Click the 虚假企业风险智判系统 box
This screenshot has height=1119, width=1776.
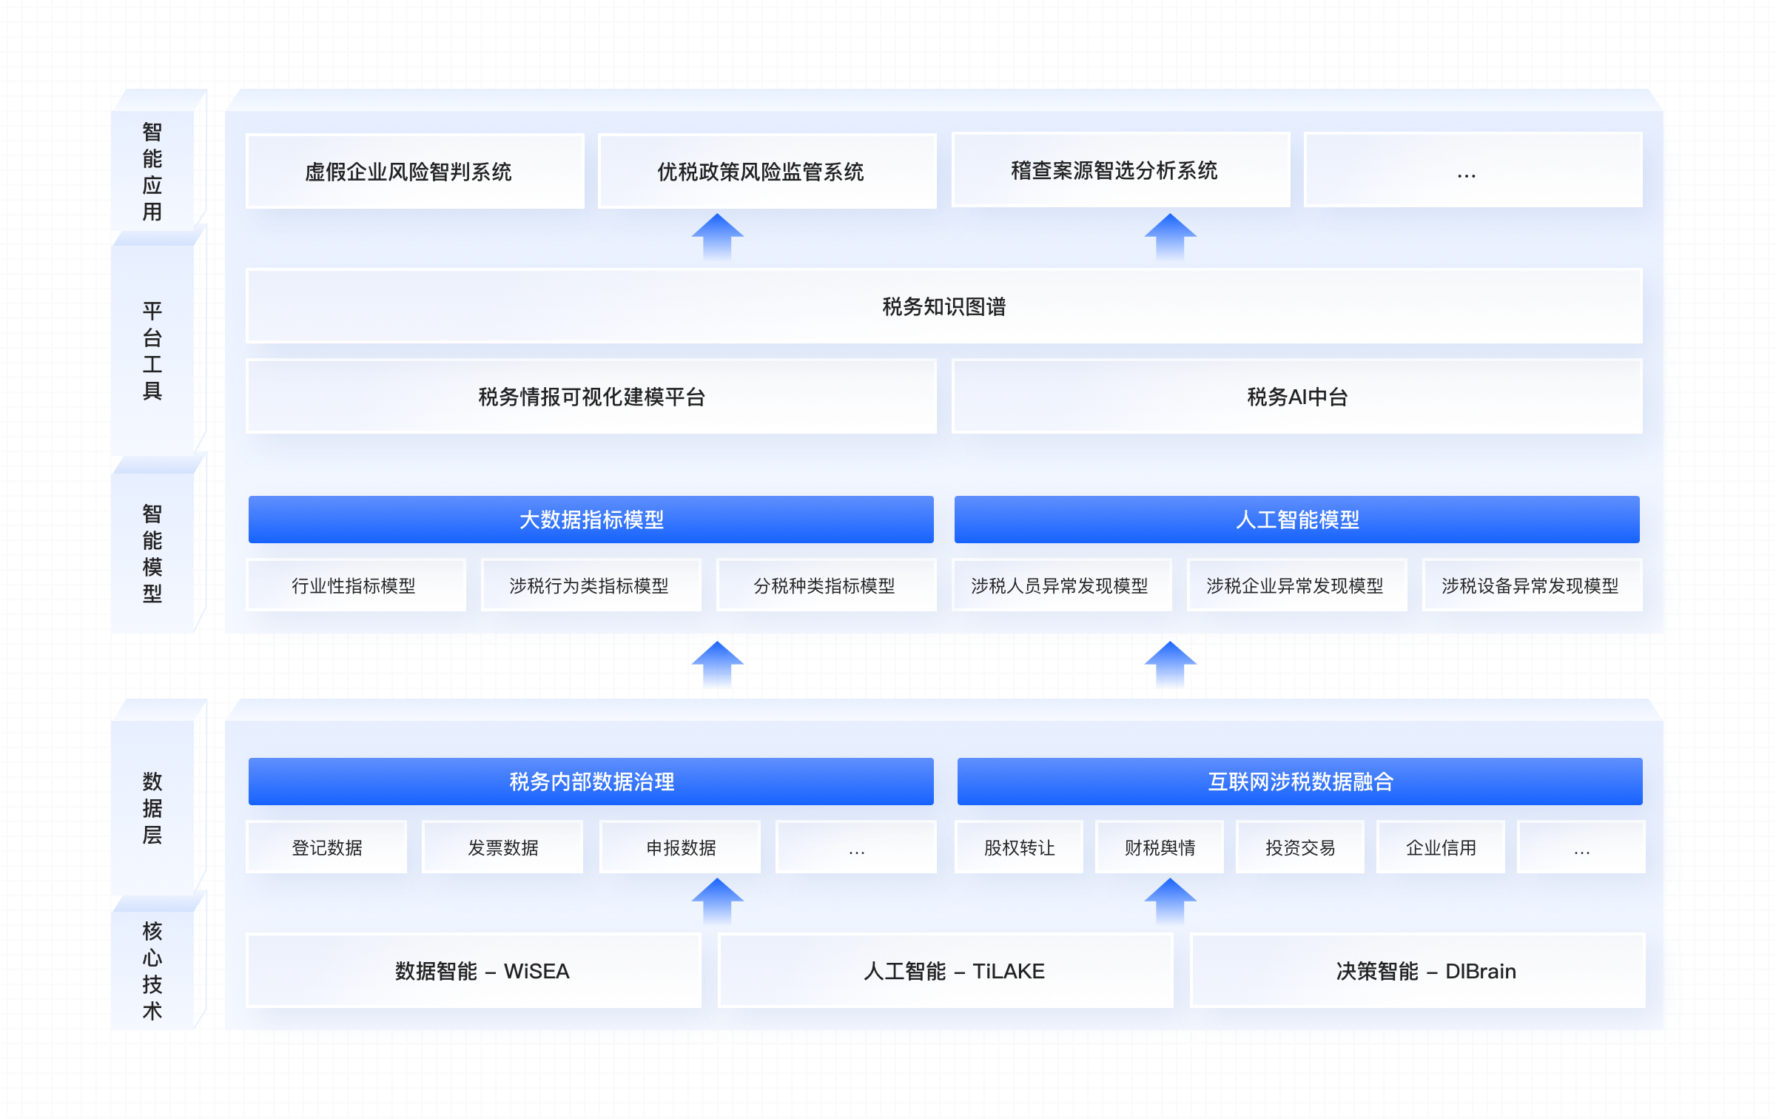pos(415,171)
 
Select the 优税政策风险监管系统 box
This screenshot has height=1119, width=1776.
pos(767,171)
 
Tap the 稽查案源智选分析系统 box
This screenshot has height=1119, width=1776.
pos(1121,169)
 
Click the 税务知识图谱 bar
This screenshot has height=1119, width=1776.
pos(944,306)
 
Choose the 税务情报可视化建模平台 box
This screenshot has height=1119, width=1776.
pos(591,396)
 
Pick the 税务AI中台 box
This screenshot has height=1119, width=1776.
pos(1297,396)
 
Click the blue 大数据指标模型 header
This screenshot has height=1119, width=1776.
pos(591,520)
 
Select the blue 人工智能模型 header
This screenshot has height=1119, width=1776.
pos(1297,520)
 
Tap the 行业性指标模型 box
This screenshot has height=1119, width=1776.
pos(356,585)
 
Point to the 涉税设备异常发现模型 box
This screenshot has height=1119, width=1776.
pos(1533,585)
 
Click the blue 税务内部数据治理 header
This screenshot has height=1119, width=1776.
pos(591,782)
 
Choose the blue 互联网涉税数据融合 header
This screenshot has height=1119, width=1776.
pos(1300,782)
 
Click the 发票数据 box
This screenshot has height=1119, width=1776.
pos(502,847)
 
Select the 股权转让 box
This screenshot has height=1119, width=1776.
pos(1019,847)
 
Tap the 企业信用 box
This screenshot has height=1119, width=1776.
pos(1441,847)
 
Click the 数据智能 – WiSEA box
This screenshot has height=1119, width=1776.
pos(474,970)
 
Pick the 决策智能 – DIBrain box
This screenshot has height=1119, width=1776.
pos(1418,970)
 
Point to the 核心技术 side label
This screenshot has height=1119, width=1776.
pos(152,970)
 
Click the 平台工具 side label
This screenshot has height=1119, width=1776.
pos(152,350)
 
